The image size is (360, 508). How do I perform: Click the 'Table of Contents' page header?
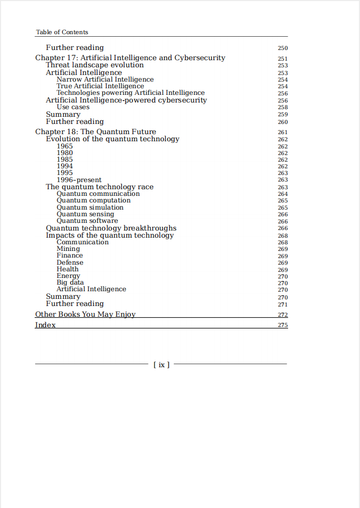click(x=62, y=32)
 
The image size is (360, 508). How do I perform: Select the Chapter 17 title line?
click(x=130, y=58)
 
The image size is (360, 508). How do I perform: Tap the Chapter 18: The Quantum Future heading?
click(x=95, y=132)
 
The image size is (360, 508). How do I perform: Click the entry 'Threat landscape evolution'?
click(x=95, y=65)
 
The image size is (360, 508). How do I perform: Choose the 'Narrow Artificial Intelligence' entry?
click(x=105, y=80)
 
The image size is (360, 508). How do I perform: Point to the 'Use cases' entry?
click(x=73, y=107)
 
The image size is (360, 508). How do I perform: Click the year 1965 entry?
click(x=65, y=146)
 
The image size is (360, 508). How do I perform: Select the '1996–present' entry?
click(x=79, y=180)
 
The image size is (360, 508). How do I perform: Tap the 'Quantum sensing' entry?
click(x=85, y=214)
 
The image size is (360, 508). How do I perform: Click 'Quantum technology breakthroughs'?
click(x=111, y=228)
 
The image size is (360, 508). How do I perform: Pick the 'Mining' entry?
click(x=68, y=249)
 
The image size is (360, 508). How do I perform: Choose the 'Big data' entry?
click(x=70, y=283)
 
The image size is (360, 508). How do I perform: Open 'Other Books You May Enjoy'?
click(x=85, y=314)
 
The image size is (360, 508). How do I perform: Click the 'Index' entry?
click(x=45, y=325)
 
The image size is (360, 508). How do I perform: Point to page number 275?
click(x=282, y=325)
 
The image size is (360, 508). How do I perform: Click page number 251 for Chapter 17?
click(x=282, y=59)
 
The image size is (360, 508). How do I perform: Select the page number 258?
click(x=282, y=108)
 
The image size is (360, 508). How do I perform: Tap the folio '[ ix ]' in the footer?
click(x=161, y=365)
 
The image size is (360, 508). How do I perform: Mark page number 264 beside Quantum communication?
click(x=282, y=194)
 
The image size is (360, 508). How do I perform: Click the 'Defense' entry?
click(x=70, y=262)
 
